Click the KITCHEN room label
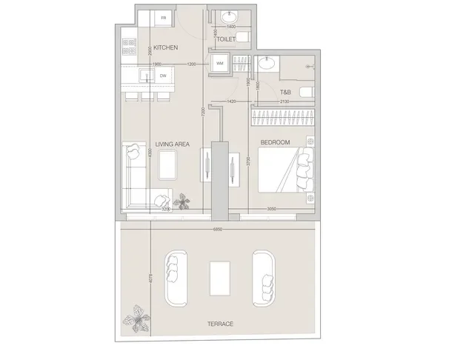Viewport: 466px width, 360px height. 165,47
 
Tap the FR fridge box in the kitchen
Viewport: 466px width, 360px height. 160,17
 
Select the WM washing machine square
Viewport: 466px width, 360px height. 220,64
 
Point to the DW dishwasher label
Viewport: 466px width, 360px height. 162,75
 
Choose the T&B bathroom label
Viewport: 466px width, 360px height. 284,92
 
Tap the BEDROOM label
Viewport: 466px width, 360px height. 274,141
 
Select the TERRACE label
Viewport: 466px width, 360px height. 220,324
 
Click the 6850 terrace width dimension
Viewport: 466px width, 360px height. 218,229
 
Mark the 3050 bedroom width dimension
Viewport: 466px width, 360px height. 272,210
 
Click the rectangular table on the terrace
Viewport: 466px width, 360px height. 220,278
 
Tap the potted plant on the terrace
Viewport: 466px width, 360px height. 138,319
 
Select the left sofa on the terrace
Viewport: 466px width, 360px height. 175,276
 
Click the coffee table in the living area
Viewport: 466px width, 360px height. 168,164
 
